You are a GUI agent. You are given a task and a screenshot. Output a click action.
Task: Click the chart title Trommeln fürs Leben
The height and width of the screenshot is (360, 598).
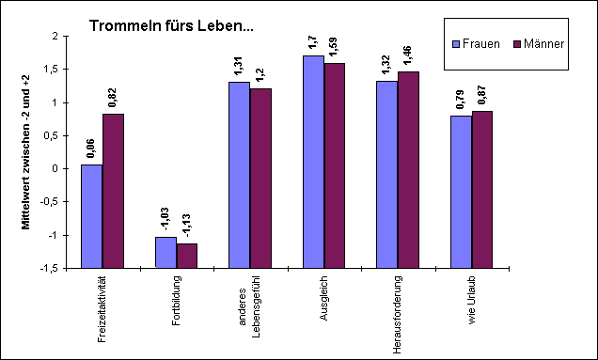coord(171,26)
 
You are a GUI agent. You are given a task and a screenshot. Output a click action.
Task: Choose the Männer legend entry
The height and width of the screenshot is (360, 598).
coord(532,44)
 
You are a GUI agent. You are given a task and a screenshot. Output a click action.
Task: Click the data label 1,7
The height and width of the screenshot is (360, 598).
coord(313,43)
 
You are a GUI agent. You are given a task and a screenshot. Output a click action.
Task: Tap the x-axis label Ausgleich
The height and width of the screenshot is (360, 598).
coord(324,297)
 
